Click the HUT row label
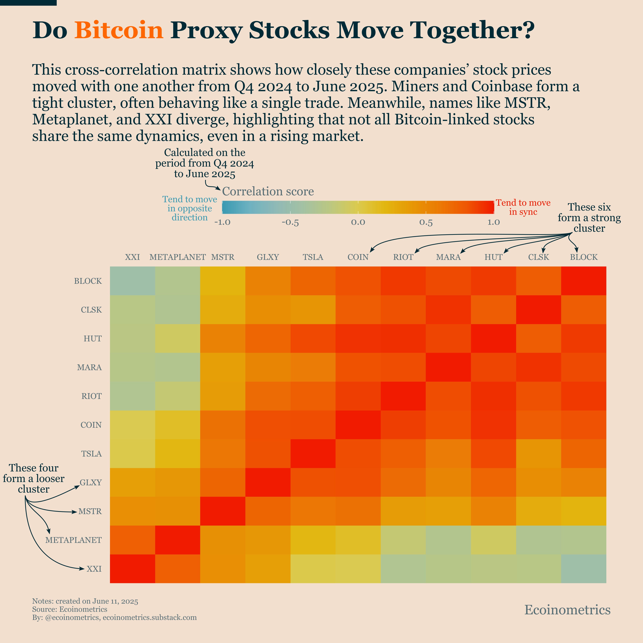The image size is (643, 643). pos(93,338)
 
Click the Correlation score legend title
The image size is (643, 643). pos(268,191)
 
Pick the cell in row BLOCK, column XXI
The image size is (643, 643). pos(132,281)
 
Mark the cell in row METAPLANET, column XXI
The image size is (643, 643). pos(132,540)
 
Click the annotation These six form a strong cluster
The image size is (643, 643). pos(589,218)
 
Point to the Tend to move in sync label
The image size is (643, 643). pos(523,207)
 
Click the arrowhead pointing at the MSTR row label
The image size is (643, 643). pos(75,512)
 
